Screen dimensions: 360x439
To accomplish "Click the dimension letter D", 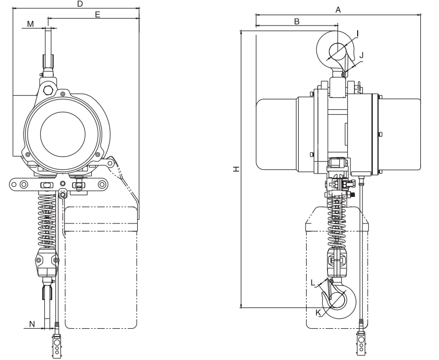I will [79, 4].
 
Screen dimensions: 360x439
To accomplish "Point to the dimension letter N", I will [32, 324].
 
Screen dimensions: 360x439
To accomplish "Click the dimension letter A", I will [338, 10].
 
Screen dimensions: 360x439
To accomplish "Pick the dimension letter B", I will [297, 21].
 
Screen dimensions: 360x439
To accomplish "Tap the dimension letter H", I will [236, 169].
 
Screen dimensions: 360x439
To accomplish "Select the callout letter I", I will [358, 33].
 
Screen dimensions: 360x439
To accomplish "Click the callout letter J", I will [361, 54].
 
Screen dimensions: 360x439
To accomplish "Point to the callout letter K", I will [318, 312].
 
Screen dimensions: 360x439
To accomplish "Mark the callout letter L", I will [313, 283].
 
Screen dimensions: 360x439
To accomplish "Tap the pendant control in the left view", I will [56, 345].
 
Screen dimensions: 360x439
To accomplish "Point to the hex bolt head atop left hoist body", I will [49, 90].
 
